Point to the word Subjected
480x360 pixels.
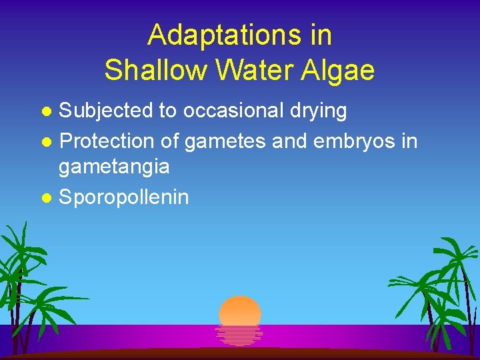pos(106,111)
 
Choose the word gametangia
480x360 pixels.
pos(114,167)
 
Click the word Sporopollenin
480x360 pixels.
pos(124,197)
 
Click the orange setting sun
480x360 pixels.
pos(240,311)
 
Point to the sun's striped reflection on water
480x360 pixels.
pos(240,335)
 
